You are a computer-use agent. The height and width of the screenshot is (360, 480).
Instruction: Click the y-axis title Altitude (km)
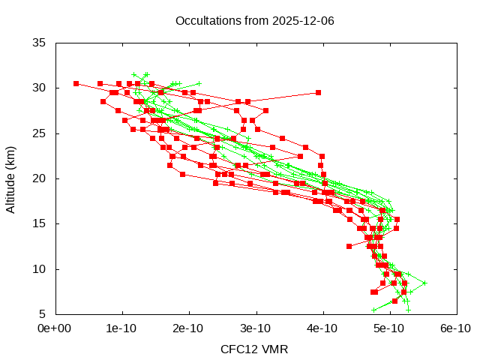(x=11, y=178)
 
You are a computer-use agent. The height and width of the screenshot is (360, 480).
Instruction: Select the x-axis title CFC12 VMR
(x=254, y=349)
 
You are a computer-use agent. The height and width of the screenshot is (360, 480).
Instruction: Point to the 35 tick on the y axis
(x=40, y=43)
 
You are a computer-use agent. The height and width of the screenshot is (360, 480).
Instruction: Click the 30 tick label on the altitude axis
(x=40, y=88)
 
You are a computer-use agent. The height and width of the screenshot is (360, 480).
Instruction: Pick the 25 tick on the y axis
(x=40, y=133)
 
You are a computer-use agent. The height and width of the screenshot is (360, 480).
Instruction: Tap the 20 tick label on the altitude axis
(x=40, y=178)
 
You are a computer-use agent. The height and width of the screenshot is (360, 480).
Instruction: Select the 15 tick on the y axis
(x=40, y=223)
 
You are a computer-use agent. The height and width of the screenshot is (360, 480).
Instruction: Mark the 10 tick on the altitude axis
(x=40, y=269)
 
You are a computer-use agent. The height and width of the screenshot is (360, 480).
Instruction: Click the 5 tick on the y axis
(x=43, y=314)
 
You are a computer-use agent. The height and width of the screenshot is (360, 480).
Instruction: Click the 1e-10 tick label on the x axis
(x=121, y=328)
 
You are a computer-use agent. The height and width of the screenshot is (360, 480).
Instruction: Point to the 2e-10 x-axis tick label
(x=188, y=328)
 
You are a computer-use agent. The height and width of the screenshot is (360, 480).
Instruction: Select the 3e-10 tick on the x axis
(x=255, y=328)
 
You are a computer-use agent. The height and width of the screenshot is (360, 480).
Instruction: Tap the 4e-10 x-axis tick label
(x=322, y=328)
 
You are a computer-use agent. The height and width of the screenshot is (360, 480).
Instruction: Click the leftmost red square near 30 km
(x=76, y=83)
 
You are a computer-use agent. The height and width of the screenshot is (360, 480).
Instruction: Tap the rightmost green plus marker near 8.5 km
(x=424, y=283)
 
